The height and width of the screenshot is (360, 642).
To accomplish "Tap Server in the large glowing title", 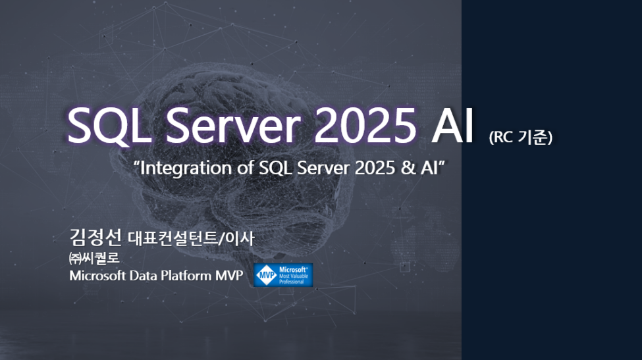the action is pyautogui.click(x=233, y=125).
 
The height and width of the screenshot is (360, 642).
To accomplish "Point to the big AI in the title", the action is pyautogui.click(x=452, y=125).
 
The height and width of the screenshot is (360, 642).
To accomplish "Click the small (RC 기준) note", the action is pyautogui.click(x=520, y=137).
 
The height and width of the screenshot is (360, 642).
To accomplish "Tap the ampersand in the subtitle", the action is pyautogui.click(x=408, y=168).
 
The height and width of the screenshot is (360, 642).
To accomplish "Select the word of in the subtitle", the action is pyautogui.click(x=245, y=168).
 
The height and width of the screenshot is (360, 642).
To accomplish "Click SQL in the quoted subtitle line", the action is pyautogui.click(x=275, y=168).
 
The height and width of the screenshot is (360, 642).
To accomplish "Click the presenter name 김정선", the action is pyautogui.click(x=95, y=238).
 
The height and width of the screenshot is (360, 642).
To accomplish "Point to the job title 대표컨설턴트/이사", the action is pyautogui.click(x=191, y=238).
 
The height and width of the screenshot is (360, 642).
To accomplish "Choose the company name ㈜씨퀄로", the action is pyautogui.click(x=94, y=258).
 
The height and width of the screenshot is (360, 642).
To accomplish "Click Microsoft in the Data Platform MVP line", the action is pyautogui.click(x=97, y=275).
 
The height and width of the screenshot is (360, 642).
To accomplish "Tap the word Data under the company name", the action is pyautogui.click(x=143, y=275).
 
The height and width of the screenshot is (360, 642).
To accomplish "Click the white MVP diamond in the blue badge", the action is pyautogui.click(x=266, y=275).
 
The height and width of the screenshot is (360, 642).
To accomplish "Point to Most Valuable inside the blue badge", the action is pyautogui.click(x=294, y=276).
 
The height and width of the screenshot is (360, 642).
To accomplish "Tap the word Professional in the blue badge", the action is pyautogui.click(x=292, y=282).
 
